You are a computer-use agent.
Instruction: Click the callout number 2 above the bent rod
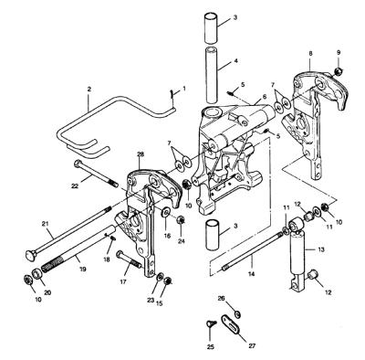point(89,90)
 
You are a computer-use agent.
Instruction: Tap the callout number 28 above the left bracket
point(141,154)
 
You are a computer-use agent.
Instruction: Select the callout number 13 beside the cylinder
point(321,249)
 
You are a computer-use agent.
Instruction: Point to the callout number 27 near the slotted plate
point(252,345)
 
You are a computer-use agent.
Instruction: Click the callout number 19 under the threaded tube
point(82,269)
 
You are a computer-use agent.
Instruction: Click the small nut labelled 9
point(338,72)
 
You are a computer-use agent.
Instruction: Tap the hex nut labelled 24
point(181,219)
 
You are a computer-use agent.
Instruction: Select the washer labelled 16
point(167,211)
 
